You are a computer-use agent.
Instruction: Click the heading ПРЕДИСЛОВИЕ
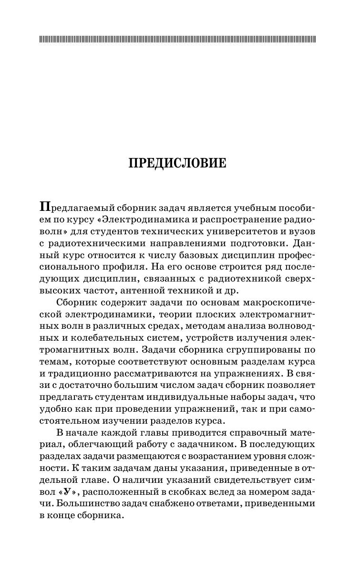(177, 163)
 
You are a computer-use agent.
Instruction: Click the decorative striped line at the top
(177, 39)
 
